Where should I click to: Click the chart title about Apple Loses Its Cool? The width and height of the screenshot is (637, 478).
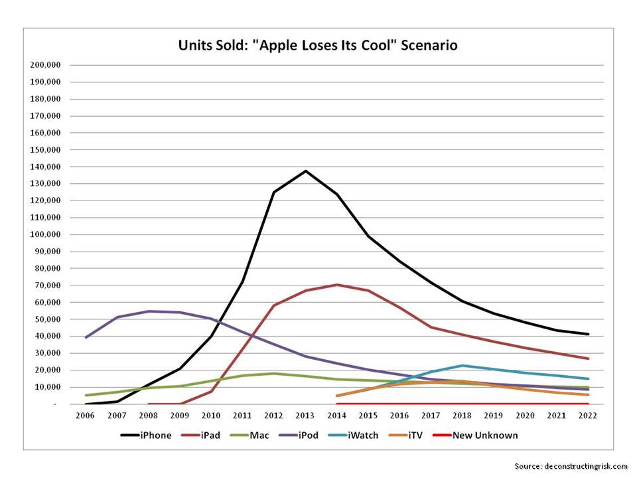(318, 46)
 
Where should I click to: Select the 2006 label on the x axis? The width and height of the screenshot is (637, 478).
(86, 416)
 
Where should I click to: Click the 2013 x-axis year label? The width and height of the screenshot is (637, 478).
(305, 416)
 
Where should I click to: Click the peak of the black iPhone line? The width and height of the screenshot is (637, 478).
(305, 171)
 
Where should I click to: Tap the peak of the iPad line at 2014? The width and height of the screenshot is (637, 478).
(337, 285)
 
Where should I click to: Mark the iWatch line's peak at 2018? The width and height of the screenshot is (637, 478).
(462, 365)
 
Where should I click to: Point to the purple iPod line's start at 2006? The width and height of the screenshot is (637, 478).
(86, 337)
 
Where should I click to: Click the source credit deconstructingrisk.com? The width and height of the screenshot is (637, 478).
(571, 466)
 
